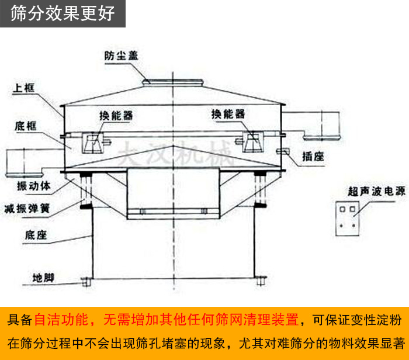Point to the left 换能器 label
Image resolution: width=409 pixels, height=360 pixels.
click(116, 115)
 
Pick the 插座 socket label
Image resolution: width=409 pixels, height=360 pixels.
click(314, 156)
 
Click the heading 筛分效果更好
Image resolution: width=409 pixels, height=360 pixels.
click(63, 13)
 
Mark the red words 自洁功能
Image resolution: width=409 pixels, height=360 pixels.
click(61, 320)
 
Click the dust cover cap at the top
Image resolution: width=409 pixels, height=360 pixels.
click(172, 79)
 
